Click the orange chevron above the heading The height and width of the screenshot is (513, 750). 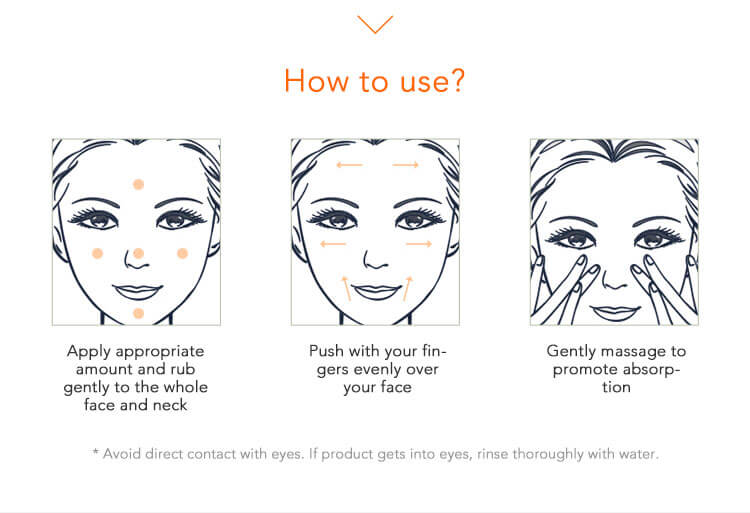(x=375, y=25)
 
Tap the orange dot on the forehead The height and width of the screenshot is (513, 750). (x=138, y=185)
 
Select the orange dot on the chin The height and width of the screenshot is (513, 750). (x=138, y=313)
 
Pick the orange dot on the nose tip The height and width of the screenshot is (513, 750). (x=138, y=253)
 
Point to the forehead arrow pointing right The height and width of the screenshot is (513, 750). (x=406, y=165)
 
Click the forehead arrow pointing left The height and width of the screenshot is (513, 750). (x=349, y=165)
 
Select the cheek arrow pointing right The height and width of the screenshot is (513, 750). (x=419, y=244)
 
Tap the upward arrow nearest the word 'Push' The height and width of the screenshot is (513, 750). (x=346, y=288)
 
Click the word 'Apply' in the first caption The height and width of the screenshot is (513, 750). (x=89, y=351)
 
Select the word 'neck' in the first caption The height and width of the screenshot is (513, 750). (x=170, y=405)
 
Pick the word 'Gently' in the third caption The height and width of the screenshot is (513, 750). (x=572, y=351)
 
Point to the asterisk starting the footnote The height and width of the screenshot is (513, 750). (x=96, y=451)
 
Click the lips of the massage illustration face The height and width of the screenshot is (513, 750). (x=615, y=312)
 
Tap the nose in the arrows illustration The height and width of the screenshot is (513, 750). (x=375, y=260)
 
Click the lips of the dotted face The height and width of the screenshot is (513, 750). (x=137, y=291)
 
